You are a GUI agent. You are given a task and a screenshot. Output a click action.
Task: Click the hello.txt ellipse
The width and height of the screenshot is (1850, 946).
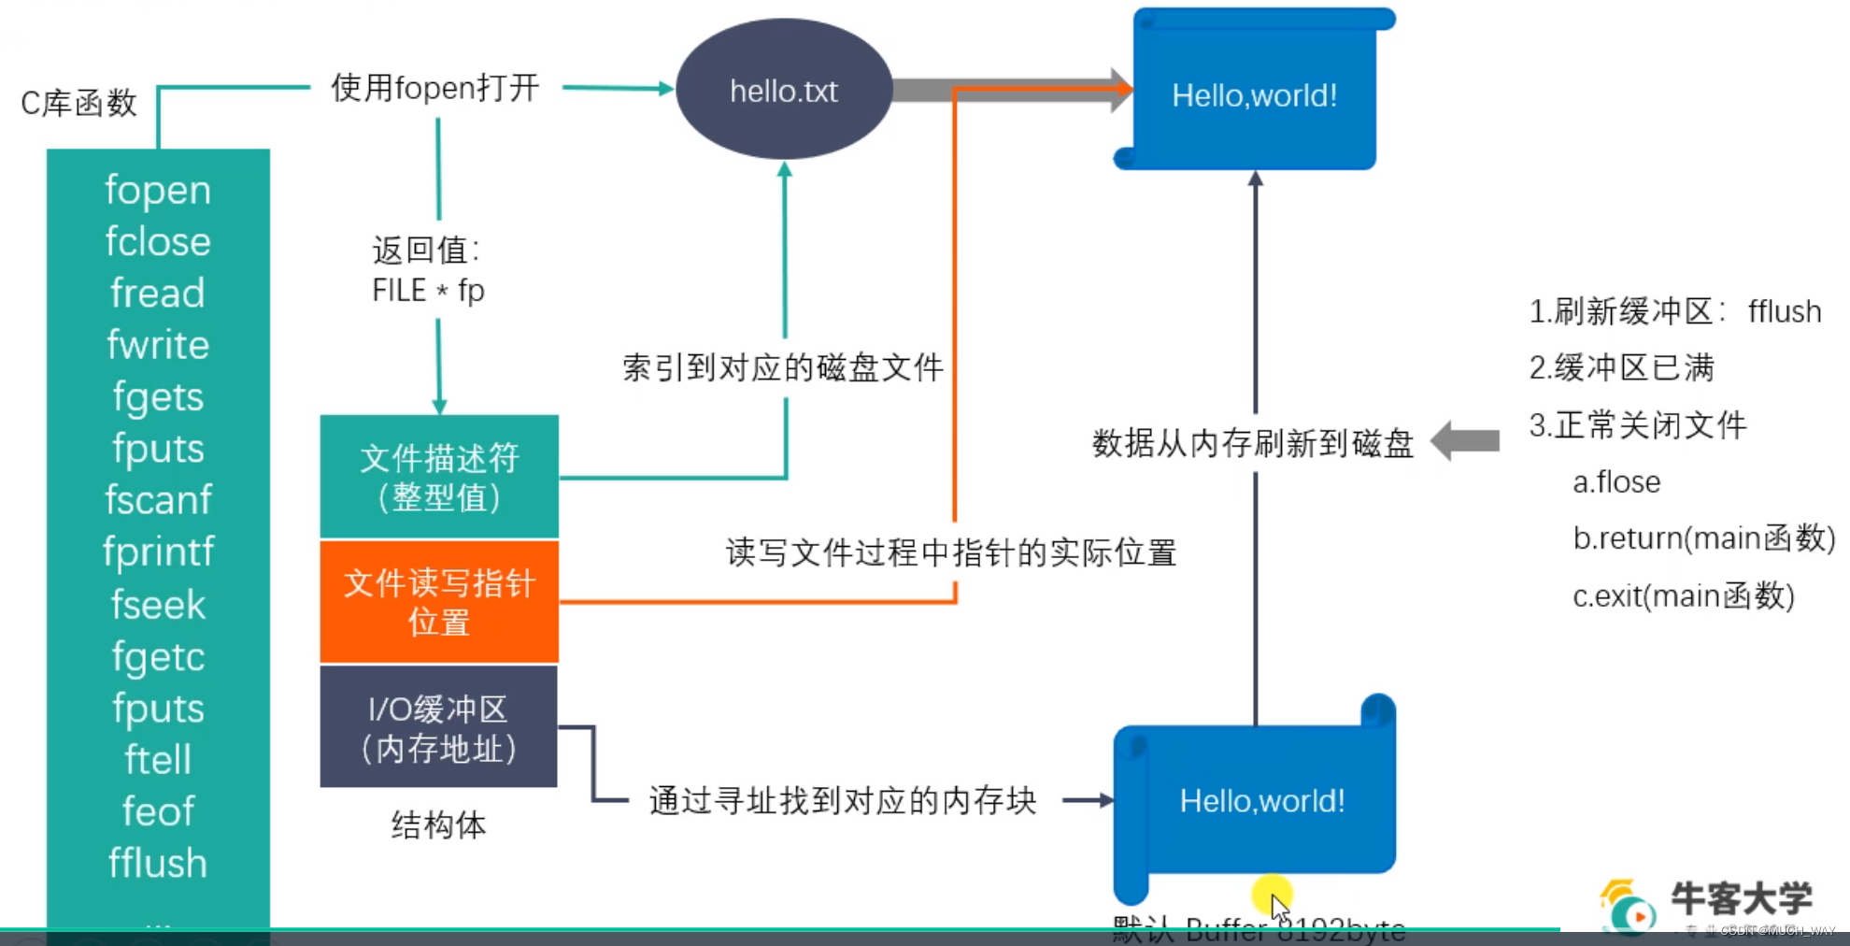click(x=783, y=91)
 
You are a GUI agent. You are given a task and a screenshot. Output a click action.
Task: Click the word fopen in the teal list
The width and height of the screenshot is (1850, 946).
click(x=158, y=190)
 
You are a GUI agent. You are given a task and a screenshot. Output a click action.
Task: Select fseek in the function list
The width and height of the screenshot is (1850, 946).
click(x=158, y=605)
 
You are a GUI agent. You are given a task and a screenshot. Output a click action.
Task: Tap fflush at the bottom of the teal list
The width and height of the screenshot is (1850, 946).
click(x=158, y=863)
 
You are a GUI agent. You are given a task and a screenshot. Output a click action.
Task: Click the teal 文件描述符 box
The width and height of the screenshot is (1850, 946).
click(x=439, y=477)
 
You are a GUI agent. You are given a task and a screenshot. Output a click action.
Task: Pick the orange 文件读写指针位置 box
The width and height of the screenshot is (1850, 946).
click(x=439, y=602)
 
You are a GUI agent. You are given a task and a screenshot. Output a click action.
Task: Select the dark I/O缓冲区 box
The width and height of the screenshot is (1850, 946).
click(x=439, y=727)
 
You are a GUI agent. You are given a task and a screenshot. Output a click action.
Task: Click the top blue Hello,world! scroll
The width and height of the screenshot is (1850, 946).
click(x=1254, y=95)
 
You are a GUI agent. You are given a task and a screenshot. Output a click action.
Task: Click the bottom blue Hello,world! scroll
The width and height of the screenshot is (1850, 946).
click(x=1261, y=801)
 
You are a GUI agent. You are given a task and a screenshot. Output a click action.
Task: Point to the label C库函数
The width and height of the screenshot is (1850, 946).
click(x=79, y=103)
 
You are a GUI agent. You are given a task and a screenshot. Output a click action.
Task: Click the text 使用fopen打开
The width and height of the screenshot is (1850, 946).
click(x=435, y=88)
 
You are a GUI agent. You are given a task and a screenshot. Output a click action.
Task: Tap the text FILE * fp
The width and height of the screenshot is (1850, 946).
click(x=428, y=291)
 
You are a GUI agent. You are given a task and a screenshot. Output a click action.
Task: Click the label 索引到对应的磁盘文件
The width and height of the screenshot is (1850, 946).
click(x=783, y=367)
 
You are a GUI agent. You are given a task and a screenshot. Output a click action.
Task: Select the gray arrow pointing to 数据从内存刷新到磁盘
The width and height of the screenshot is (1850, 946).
click(x=1466, y=440)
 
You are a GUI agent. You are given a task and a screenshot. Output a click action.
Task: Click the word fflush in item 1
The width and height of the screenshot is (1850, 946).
click(x=1784, y=311)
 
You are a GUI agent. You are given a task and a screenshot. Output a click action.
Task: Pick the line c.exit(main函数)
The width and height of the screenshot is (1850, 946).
click(x=1683, y=595)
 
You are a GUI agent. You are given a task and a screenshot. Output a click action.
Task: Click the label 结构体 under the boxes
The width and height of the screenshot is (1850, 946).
click(x=438, y=825)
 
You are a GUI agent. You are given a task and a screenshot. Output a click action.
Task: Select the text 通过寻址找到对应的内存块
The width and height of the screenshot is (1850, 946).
click(x=843, y=801)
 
